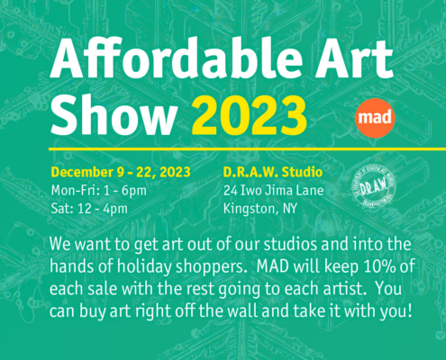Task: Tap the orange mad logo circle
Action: coord(372,117)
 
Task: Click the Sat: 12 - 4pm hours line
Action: coord(93,210)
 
